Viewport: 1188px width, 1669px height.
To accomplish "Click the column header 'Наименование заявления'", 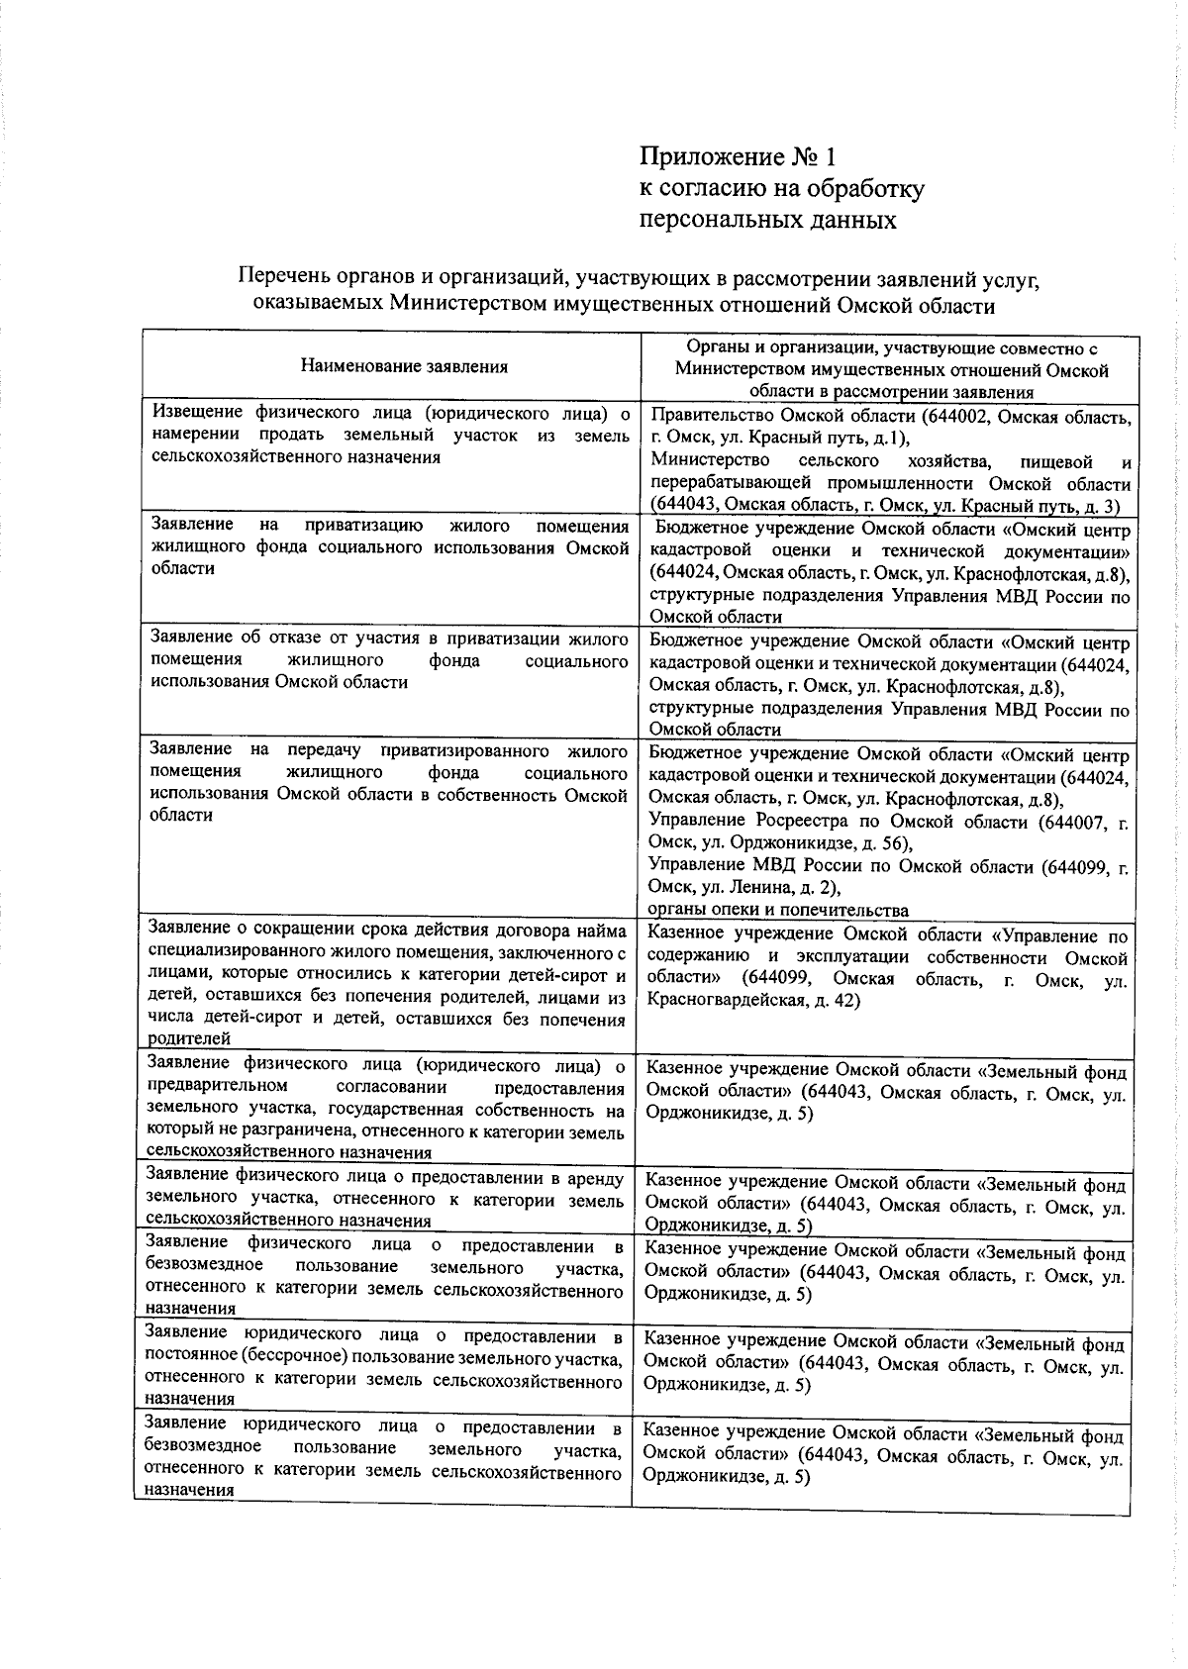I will [x=404, y=366].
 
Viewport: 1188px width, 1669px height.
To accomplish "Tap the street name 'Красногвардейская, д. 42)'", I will [x=752, y=1001].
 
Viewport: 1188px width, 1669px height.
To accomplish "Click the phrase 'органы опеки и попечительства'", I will [x=777, y=910].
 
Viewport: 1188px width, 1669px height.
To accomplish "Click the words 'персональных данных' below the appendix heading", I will [x=768, y=220].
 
